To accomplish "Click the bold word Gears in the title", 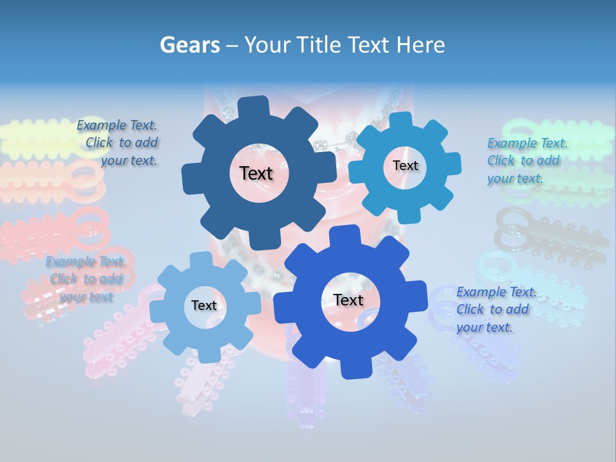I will pos(189,45).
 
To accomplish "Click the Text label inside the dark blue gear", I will pos(256,173).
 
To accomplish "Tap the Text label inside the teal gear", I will pos(405,166).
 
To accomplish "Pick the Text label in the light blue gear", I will pos(203,305).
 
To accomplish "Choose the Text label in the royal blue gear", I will pos(348,300).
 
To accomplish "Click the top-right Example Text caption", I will pos(526,160).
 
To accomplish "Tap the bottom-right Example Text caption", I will pos(495,309).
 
